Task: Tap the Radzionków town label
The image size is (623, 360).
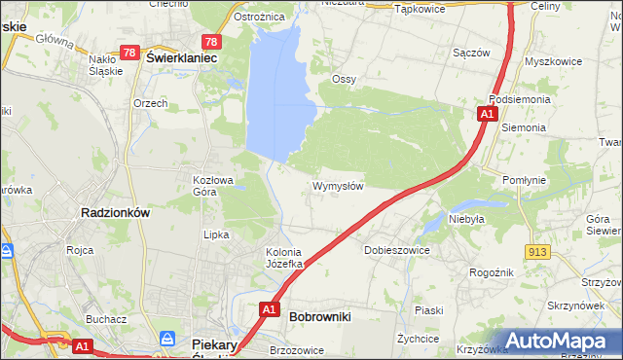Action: pyautogui.click(x=114, y=214)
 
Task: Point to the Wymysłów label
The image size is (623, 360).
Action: pyautogui.click(x=338, y=186)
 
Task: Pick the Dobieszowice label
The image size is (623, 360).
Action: pyautogui.click(x=396, y=250)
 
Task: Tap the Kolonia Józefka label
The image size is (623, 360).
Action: pyautogui.click(x=286, y=258)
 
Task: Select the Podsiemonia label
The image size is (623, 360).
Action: pyautogui.click(x=522, y=99)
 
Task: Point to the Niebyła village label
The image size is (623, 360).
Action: pyautogui.click(x=466, y=220)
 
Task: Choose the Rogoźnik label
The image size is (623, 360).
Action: pyautogui.click(x=491, y=273)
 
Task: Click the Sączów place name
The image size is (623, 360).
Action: pyautogui.click(x=470, y=53)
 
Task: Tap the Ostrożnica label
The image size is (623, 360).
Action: pyautogui.click(x=259, y=17)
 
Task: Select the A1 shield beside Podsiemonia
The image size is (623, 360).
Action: pyautogui.click(x=486, y=115)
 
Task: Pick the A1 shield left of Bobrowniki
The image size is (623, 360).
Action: pyautogui.click(x=269, y=309)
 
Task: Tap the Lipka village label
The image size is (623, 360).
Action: pyautogui.click(x=215, y=234)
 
